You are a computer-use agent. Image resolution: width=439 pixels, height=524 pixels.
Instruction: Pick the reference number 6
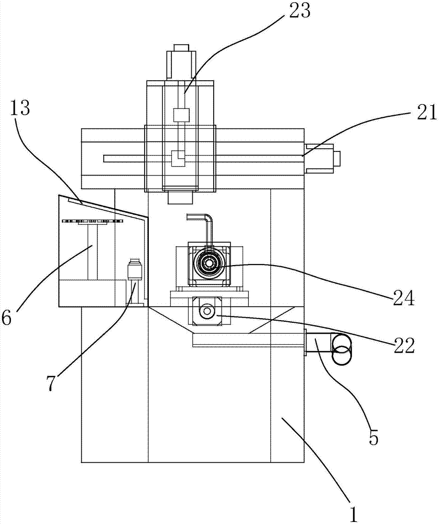click(x=6, y=318)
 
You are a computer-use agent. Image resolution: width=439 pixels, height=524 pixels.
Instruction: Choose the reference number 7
click(x=50, y=384)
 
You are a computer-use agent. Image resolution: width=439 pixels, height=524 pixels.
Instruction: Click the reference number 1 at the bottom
click(x=353, y=514)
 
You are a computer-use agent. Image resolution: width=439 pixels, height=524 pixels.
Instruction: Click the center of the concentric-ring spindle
click(x=209, y=264)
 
